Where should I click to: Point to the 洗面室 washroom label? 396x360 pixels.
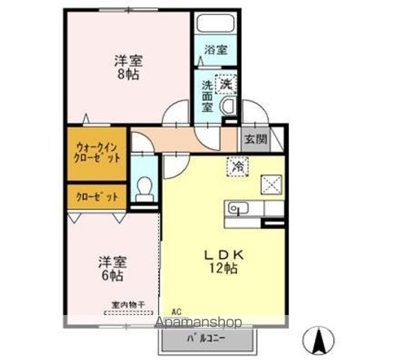(208, 95)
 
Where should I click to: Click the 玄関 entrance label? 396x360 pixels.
(251, 139)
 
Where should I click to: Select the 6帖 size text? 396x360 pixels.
(112, 275)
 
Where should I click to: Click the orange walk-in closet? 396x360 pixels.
(97, 153)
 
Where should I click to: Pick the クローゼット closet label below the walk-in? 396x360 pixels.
(97, 197)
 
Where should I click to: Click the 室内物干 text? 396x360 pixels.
(128, 304)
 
